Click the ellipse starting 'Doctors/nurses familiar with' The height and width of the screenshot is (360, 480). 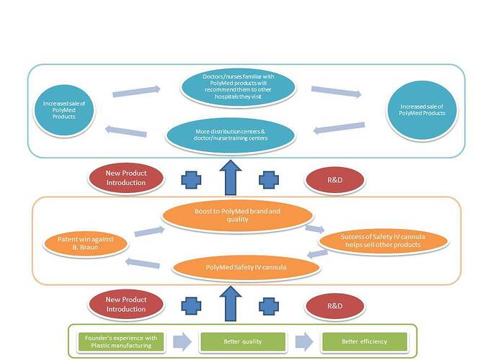click(239, 86)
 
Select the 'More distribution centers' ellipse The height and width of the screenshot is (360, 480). click(231, 135)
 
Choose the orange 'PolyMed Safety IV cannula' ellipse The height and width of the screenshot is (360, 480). click(245, 267)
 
